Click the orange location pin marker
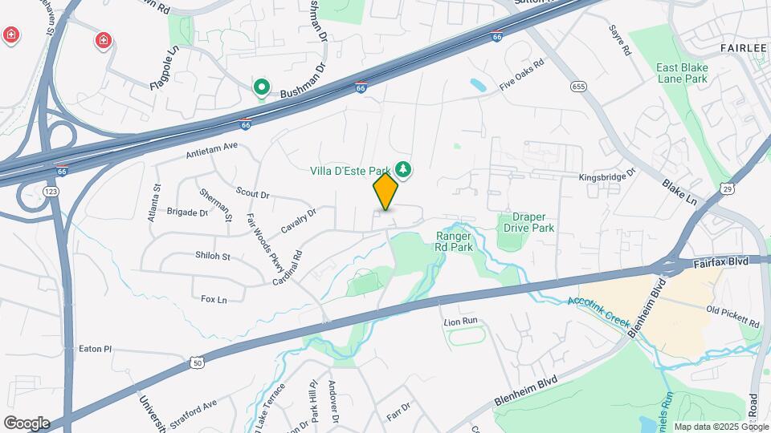(385, 192)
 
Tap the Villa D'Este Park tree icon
(403, 169)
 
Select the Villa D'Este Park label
(350, 170)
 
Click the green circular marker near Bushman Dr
(261, 87)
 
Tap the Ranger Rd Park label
(455, 241)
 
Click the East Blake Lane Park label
(682, 74)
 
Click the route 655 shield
(577, 86)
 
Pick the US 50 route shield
(198, 363)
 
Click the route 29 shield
(728, 188)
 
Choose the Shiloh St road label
(213, 257)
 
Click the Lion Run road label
(461, 321)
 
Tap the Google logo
(27, 423)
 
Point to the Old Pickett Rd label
(732, 316)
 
